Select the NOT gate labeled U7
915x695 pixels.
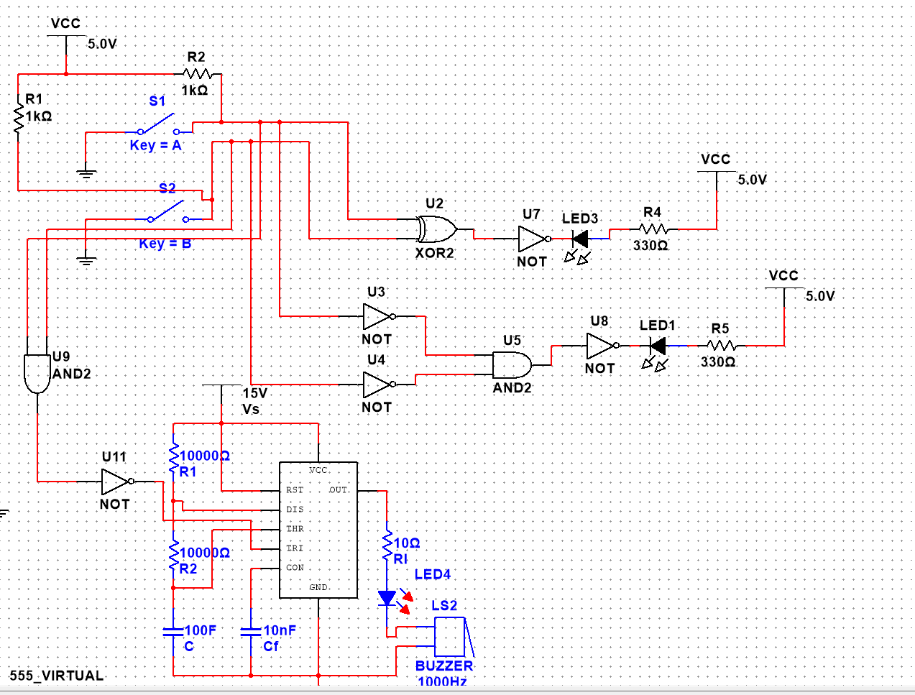pos(533,239)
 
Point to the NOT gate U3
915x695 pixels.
pos(377,316)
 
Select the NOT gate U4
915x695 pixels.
pos(377,385)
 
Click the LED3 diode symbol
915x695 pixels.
pos(579,239)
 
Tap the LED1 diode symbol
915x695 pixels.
pos(657,346)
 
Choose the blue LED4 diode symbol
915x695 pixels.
pos(387,597)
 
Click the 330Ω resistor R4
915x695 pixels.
pos(653,229)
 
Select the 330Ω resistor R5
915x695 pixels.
pos(721,346)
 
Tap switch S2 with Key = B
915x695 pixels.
pos(167,211)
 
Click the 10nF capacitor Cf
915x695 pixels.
pos(251,632)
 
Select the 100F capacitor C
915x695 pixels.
pos(173,632)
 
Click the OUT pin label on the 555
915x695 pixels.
pos(339,490)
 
